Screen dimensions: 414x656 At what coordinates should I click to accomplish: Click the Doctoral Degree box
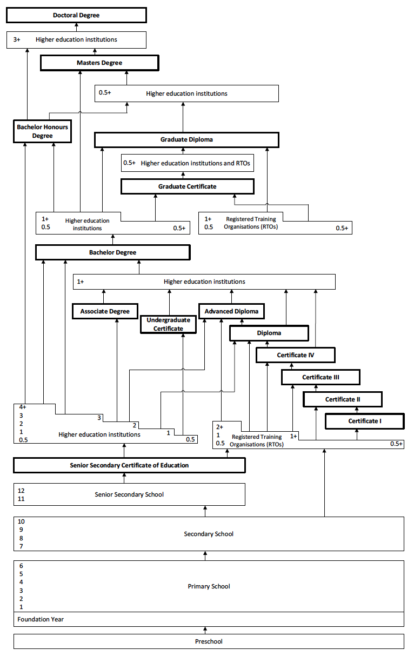(76, 15)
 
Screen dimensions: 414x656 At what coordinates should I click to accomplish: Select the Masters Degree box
(99, 63)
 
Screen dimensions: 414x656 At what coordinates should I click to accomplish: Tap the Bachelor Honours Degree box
(43, 131)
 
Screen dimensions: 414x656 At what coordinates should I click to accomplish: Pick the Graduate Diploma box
(186, 140)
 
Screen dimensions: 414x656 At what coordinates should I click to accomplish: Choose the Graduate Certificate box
(188, 186)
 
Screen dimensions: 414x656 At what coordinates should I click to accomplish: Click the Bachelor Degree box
(113, 252)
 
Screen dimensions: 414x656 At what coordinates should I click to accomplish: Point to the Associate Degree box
(105, 311)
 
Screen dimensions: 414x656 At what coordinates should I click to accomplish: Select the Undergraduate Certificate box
(169, 324)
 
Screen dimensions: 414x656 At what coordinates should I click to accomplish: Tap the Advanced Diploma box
(231, 311)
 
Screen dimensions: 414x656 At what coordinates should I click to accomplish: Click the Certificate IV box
(296, 355)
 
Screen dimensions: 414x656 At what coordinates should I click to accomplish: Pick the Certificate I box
(365, 421)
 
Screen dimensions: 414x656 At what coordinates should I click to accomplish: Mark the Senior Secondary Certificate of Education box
(129, 465)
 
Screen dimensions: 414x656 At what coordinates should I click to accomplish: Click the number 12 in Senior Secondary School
(21, 491)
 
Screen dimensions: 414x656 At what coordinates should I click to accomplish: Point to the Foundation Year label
(41, 619)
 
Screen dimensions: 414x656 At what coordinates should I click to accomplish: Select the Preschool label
(209, 641)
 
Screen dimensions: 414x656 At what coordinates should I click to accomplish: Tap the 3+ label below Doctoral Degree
(17, 39)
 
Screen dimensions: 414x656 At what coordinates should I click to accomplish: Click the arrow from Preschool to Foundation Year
(205, 630)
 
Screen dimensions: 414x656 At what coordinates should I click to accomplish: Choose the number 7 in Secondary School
(21, 546)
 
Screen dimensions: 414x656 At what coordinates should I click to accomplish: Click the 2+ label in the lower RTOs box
(219, 427)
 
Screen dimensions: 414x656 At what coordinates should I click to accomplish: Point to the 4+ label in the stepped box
(23, 407)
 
